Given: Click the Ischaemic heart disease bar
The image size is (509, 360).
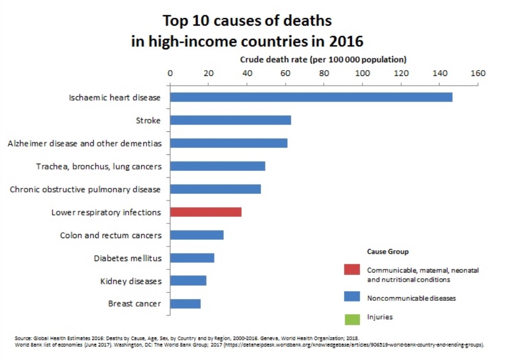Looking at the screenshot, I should tap(311, 97).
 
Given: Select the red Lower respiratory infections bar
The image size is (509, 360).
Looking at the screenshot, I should tap(206, 212).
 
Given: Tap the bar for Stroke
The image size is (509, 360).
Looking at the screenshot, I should tap(230, 120).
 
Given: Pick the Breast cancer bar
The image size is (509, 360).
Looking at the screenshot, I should tap(185, 304).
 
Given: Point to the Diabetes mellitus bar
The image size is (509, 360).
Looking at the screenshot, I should tap(192, 258).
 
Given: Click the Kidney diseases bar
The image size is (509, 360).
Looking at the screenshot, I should tap(188, 281).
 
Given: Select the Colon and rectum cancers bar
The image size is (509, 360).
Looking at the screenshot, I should tap(197, 235).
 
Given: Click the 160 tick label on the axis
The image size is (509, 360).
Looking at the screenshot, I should tap(478, 73).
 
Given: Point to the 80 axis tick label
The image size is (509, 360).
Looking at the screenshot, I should tap(324, 73).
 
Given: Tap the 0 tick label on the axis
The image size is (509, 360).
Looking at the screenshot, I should tap(170, 73).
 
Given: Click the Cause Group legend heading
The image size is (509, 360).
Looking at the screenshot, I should tap(388, 252).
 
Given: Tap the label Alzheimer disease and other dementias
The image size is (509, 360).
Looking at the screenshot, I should tap(84, 143).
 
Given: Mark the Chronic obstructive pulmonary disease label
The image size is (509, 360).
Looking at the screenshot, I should tap(85, 189).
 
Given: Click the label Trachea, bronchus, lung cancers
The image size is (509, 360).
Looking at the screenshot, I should tap(98, 166).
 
